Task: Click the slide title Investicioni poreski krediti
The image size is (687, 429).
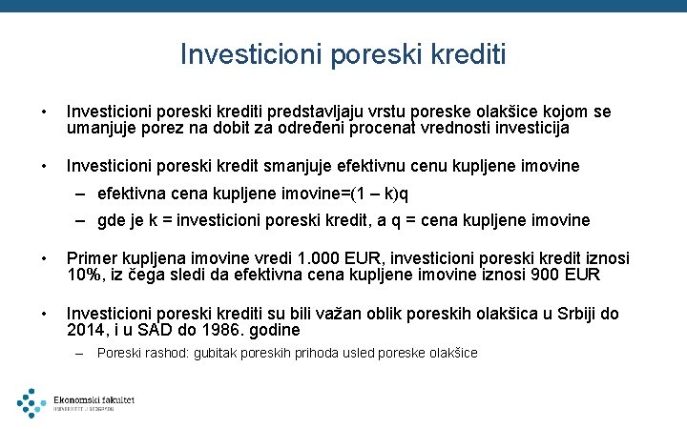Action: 343,53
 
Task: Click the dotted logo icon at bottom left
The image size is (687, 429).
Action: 31,402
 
